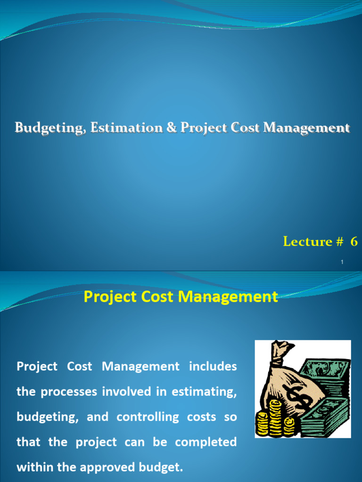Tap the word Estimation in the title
coord(114,128)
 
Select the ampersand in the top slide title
coord(157,128)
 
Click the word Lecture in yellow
coord(307,241)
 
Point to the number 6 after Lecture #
coord(354,241)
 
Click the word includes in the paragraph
coord(213,366)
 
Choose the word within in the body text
coord(32,468)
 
